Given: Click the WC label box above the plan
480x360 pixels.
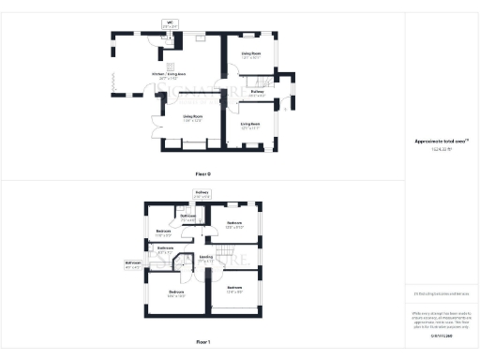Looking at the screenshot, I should [x=171, y=24].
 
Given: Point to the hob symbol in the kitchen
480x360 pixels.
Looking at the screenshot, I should [x=201, y=38].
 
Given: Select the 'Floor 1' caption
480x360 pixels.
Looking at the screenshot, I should [x=203, y=342].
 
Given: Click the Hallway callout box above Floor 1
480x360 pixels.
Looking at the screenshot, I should [x=202, y=195].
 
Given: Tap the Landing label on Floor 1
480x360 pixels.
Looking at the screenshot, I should [x=206, y=259].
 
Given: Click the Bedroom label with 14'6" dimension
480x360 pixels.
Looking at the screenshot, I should [x=176, y=294].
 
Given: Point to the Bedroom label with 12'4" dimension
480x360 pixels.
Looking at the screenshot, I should [x=234, y=290].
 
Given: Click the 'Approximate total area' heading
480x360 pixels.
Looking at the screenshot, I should [x=442, y=142].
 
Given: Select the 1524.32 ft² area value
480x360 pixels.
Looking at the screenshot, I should [x=442, y=150].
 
